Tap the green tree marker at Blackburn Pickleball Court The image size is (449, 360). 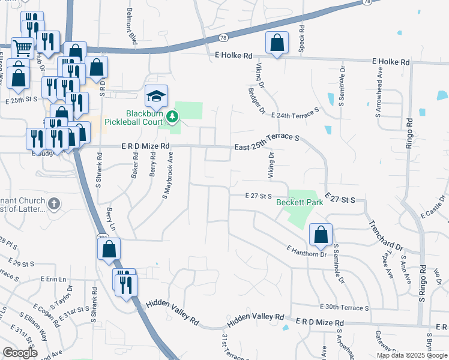click(x=173, y=115)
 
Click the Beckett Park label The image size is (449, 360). click(x=300, y=202)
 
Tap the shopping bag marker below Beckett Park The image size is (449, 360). click(x=321, y=235)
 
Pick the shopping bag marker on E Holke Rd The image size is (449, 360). click(x=276, y=43)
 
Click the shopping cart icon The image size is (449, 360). click(x=22, y=48)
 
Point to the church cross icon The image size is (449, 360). click(x=53, y=204)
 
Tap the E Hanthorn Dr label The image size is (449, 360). click(x=306, y=251)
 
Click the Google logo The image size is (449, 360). click(x=20, y=353)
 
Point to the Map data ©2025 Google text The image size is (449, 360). click(x=411, y=355)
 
